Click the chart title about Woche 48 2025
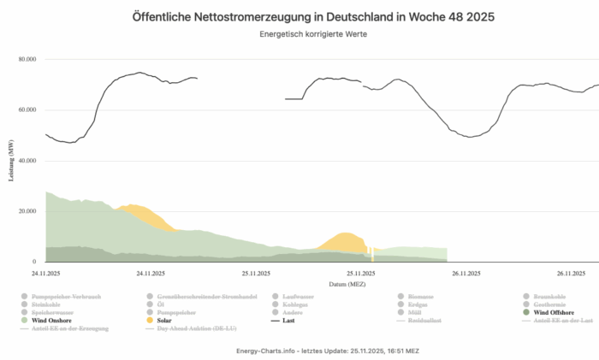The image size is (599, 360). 299,17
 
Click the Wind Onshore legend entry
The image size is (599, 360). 56,321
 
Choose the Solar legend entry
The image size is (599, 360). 164,321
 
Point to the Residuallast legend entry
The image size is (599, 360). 429,321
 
